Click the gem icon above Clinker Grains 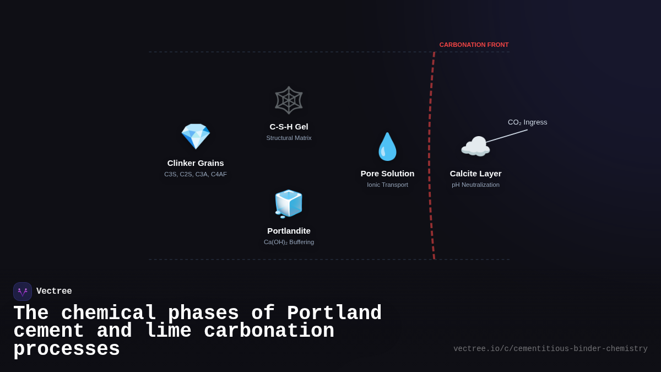coord(196,136)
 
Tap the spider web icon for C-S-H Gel coord(289,100)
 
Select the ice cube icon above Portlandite coord(289,203)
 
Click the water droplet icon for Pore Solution coord(387,147)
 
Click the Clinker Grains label coord(196,163)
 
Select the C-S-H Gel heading coord(289,127)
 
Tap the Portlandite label coord(289,231)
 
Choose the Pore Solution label coord(387,174)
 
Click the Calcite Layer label coord(475,174)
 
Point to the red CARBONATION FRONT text coord(474,45)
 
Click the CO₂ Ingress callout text coord(527,122)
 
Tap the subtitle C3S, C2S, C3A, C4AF coord(196,174)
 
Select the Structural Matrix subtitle coord(289,138)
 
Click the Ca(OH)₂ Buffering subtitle coord(289,242)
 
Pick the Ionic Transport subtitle coord(387,185)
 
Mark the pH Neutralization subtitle coord(475,185)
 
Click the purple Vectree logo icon coord(23,292)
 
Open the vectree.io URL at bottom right coord(550,349)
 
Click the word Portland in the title coord(334,314)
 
